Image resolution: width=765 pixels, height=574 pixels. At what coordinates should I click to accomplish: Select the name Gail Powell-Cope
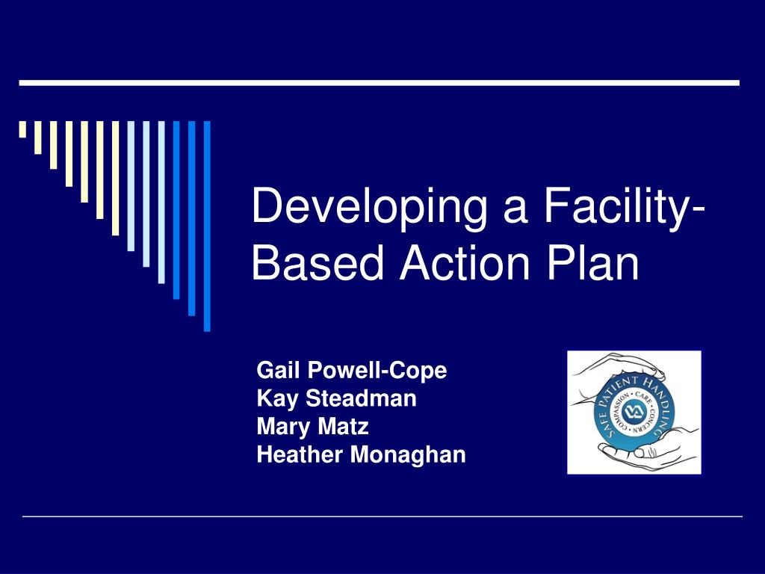[351, 370]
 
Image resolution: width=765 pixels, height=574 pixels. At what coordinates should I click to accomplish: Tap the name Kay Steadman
[336, 398]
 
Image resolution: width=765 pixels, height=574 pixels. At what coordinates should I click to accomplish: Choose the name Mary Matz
[312, 427]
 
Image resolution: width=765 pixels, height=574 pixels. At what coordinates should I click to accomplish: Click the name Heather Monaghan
[361, 454]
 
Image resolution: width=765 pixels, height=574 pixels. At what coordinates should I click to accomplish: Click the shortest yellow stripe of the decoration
[22, 129]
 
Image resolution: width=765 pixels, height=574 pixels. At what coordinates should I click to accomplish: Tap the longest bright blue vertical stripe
[207, 224]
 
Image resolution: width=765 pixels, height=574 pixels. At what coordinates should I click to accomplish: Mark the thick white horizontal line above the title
[379, 82]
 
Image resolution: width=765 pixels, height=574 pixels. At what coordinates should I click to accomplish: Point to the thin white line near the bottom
[382, 516]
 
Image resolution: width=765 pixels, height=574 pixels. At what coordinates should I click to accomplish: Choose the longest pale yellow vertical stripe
[115, 178]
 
